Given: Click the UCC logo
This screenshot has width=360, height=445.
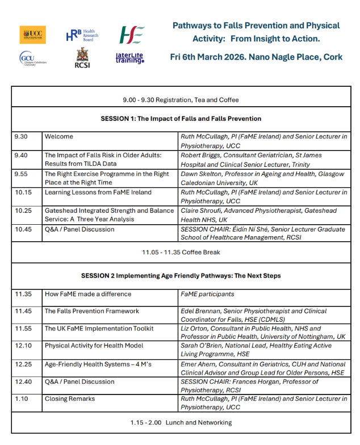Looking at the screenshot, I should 32,35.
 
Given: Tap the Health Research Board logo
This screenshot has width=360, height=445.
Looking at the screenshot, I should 82,35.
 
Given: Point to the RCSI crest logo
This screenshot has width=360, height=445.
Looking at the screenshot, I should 82,57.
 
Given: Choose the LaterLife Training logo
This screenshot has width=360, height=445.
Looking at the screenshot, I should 130,57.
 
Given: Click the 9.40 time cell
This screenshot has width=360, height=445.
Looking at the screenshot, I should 22,155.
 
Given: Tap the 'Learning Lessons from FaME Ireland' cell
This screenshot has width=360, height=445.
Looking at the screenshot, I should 98,192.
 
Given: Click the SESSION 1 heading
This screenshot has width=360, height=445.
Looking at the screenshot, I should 181,119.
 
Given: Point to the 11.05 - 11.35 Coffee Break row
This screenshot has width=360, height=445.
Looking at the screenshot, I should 181,251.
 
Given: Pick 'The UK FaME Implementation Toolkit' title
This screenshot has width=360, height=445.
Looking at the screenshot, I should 99,328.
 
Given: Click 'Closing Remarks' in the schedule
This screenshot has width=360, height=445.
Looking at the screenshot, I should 70,399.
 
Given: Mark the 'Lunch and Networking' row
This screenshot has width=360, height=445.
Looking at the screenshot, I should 181,422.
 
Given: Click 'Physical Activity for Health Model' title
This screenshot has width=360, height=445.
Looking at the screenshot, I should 94,346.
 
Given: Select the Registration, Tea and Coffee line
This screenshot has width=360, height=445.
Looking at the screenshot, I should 181,100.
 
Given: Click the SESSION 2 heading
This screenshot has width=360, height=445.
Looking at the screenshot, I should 181,276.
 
